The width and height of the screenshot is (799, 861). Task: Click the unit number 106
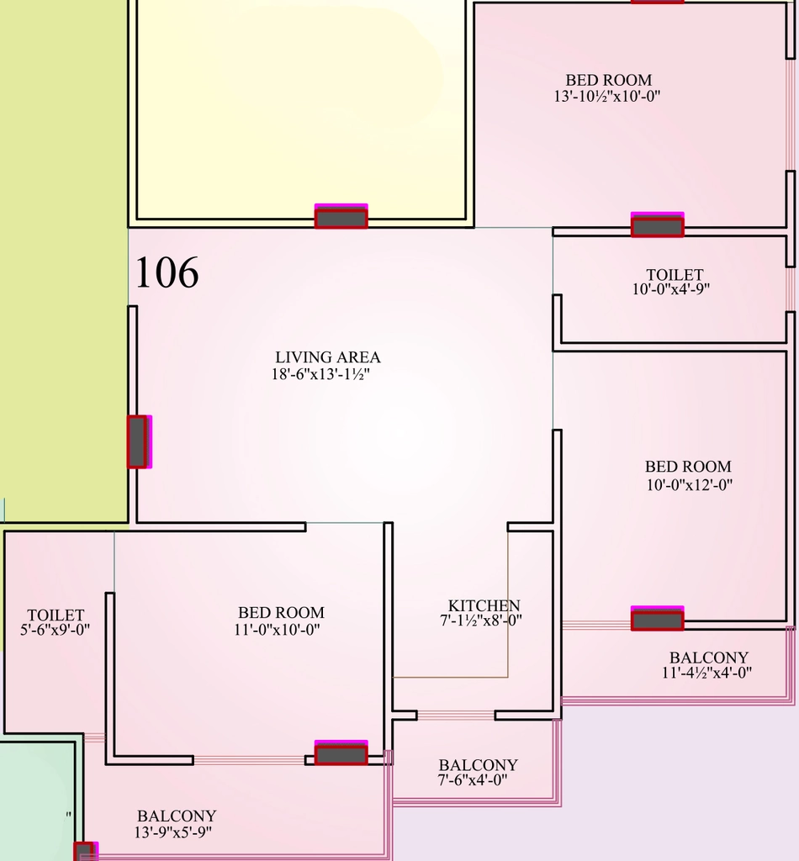click(x=167, y=272)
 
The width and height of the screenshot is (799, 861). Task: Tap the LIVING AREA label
click(x=328, y=357)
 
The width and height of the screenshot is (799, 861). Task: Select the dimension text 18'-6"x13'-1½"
click(x=320, y=374)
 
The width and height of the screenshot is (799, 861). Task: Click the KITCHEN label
click(x=484, y=605)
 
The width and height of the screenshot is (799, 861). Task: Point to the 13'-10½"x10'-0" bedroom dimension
click(x=606, y=96)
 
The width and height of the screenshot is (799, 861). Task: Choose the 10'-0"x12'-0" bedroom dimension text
click(x=689, y=485)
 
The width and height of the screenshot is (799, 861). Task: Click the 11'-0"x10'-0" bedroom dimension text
click(x=277, y=630)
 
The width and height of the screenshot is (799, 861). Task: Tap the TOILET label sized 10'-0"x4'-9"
click(x=675, y=274)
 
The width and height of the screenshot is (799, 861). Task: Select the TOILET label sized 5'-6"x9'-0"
click(x=56, y=615)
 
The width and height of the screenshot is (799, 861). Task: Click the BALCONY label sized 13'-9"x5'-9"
click(x=177, y=816)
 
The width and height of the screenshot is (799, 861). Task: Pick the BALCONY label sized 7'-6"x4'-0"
click(x=478, y=765)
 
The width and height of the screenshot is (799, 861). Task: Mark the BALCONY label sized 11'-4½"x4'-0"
click(x=708, y=658)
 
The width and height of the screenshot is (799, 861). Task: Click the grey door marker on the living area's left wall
click(x=139, y=441)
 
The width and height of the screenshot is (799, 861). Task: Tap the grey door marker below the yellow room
click(x=341, y=216)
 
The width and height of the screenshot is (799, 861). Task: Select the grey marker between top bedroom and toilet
click(x=658, y=224)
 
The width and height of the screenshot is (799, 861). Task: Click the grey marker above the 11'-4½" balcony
click(x=658, y=618)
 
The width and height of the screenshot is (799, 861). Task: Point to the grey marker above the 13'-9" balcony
click(x=341, y=753)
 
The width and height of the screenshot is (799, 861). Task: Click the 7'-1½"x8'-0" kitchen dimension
click(x=481, y=621)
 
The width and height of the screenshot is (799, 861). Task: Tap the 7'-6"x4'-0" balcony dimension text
click(x=473, y=779)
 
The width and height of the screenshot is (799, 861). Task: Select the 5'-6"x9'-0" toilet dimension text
click(x=55, y=630)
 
